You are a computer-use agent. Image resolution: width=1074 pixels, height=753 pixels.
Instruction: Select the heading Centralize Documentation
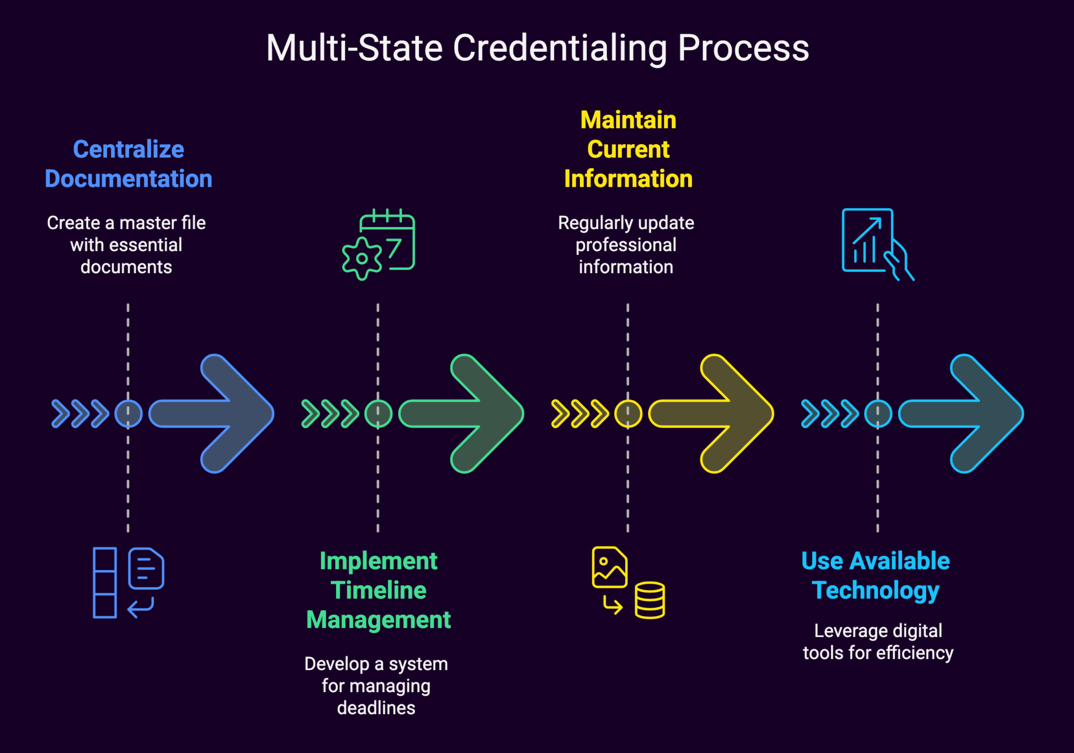coord(128,164)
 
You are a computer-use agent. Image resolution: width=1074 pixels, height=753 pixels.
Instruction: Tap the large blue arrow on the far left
coord(220,414)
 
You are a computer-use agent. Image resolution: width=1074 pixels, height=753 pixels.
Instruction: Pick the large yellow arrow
coord(720,414)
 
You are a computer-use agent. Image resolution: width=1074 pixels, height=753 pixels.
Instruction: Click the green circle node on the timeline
coord(378,414)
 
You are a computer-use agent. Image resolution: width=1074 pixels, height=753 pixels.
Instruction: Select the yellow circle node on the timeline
coord(628,414)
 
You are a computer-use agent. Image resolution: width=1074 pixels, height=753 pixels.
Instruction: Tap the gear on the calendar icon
coord(362,259)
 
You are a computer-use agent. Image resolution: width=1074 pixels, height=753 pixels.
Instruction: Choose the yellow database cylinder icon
coord(650,600)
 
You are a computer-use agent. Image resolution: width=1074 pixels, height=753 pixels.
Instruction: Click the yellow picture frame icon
coord(609,567)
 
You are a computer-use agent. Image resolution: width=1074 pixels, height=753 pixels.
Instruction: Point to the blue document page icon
coord(146,568)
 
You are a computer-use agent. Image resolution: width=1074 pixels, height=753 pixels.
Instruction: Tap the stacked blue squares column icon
coord(105,583)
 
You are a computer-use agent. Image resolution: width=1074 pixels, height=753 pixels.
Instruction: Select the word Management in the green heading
coord(378,620)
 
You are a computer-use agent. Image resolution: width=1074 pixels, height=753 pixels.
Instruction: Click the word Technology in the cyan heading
coord(875,590)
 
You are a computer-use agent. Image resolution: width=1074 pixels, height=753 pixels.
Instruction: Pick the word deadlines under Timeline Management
coord(376,708)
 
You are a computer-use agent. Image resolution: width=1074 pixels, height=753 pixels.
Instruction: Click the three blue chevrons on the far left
coord(80,414)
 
